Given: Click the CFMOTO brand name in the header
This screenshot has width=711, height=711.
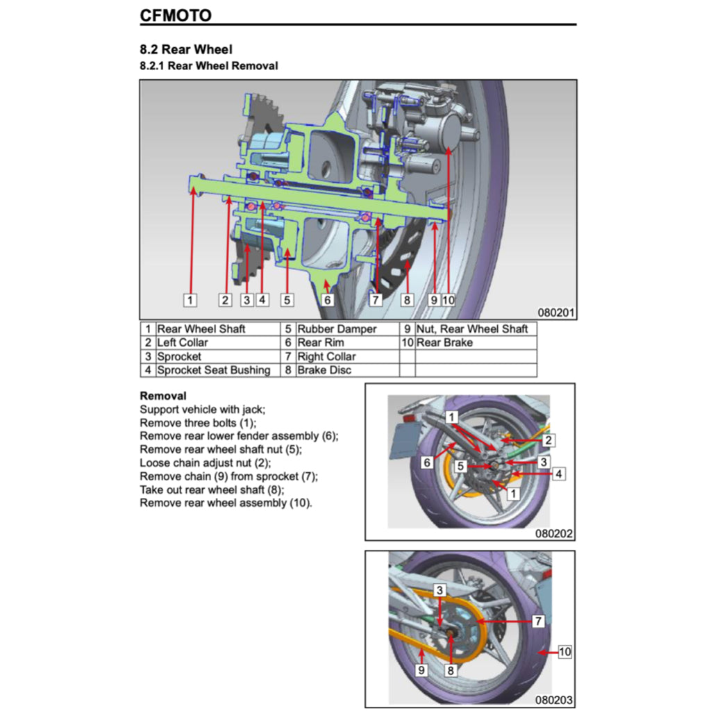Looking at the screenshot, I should tap(176, 15).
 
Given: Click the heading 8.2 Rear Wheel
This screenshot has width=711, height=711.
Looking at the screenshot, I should tap(186, 49).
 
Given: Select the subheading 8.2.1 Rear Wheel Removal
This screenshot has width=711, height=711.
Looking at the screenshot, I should tap(209, 66).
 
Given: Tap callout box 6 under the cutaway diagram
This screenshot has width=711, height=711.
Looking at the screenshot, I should tap(327, 300).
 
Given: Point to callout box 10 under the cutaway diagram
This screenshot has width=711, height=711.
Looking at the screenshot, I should tap(448, 300).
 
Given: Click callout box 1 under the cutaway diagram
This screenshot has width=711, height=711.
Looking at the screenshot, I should tap(190, 300).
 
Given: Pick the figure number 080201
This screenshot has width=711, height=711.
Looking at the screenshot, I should tap(556, 313).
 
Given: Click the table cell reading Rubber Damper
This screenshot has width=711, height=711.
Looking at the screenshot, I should tap(337, 329).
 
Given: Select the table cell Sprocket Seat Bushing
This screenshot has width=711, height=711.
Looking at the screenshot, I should tap(213, 370).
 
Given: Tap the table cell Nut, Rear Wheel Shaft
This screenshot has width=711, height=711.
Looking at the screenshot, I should tap(472, 329).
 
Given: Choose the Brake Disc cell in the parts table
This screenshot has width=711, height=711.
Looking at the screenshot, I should tap(324, 370).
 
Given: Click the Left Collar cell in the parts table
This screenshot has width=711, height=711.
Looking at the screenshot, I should tap(183, 342).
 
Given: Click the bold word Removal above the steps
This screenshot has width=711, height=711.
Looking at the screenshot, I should tap(163, 396).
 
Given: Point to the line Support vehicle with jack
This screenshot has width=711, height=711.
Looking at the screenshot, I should tap(203, 410).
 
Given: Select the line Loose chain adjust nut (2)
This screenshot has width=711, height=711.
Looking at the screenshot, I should tap(206, 462).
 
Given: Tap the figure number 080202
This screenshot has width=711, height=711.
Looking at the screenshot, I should tap(554, 534).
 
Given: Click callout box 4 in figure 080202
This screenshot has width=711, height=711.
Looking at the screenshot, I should tap(559, 474).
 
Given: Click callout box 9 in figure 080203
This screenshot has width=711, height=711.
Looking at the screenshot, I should tap(421, 671).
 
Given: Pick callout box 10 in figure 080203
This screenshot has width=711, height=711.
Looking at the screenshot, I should tap(564, 652).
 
